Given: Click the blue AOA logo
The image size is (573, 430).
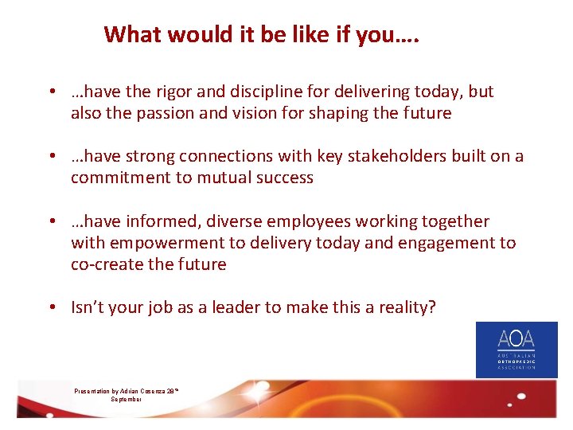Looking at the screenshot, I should point(516,350).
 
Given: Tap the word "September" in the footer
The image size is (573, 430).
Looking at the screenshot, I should point(127,399).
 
